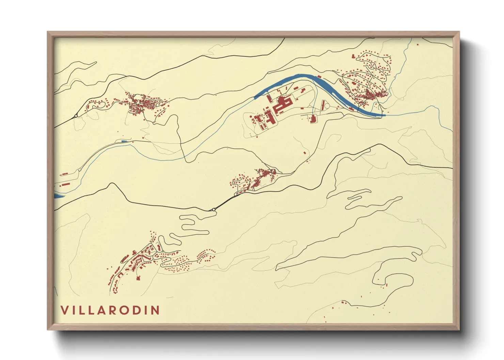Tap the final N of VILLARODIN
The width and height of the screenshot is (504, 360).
(x=156, y=310)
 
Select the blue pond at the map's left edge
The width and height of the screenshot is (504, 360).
(x=58, y=196)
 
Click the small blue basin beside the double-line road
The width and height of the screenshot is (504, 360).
(x=124, y=141)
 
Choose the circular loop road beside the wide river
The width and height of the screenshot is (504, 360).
(x=326, y=106)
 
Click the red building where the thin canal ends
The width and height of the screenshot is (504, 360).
(x=313, y=119)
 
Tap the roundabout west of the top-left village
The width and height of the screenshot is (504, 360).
(x=76, y=116)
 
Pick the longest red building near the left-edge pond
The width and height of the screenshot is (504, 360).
(x=65, y=184)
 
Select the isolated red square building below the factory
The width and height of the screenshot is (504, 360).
(x=305, y=152)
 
